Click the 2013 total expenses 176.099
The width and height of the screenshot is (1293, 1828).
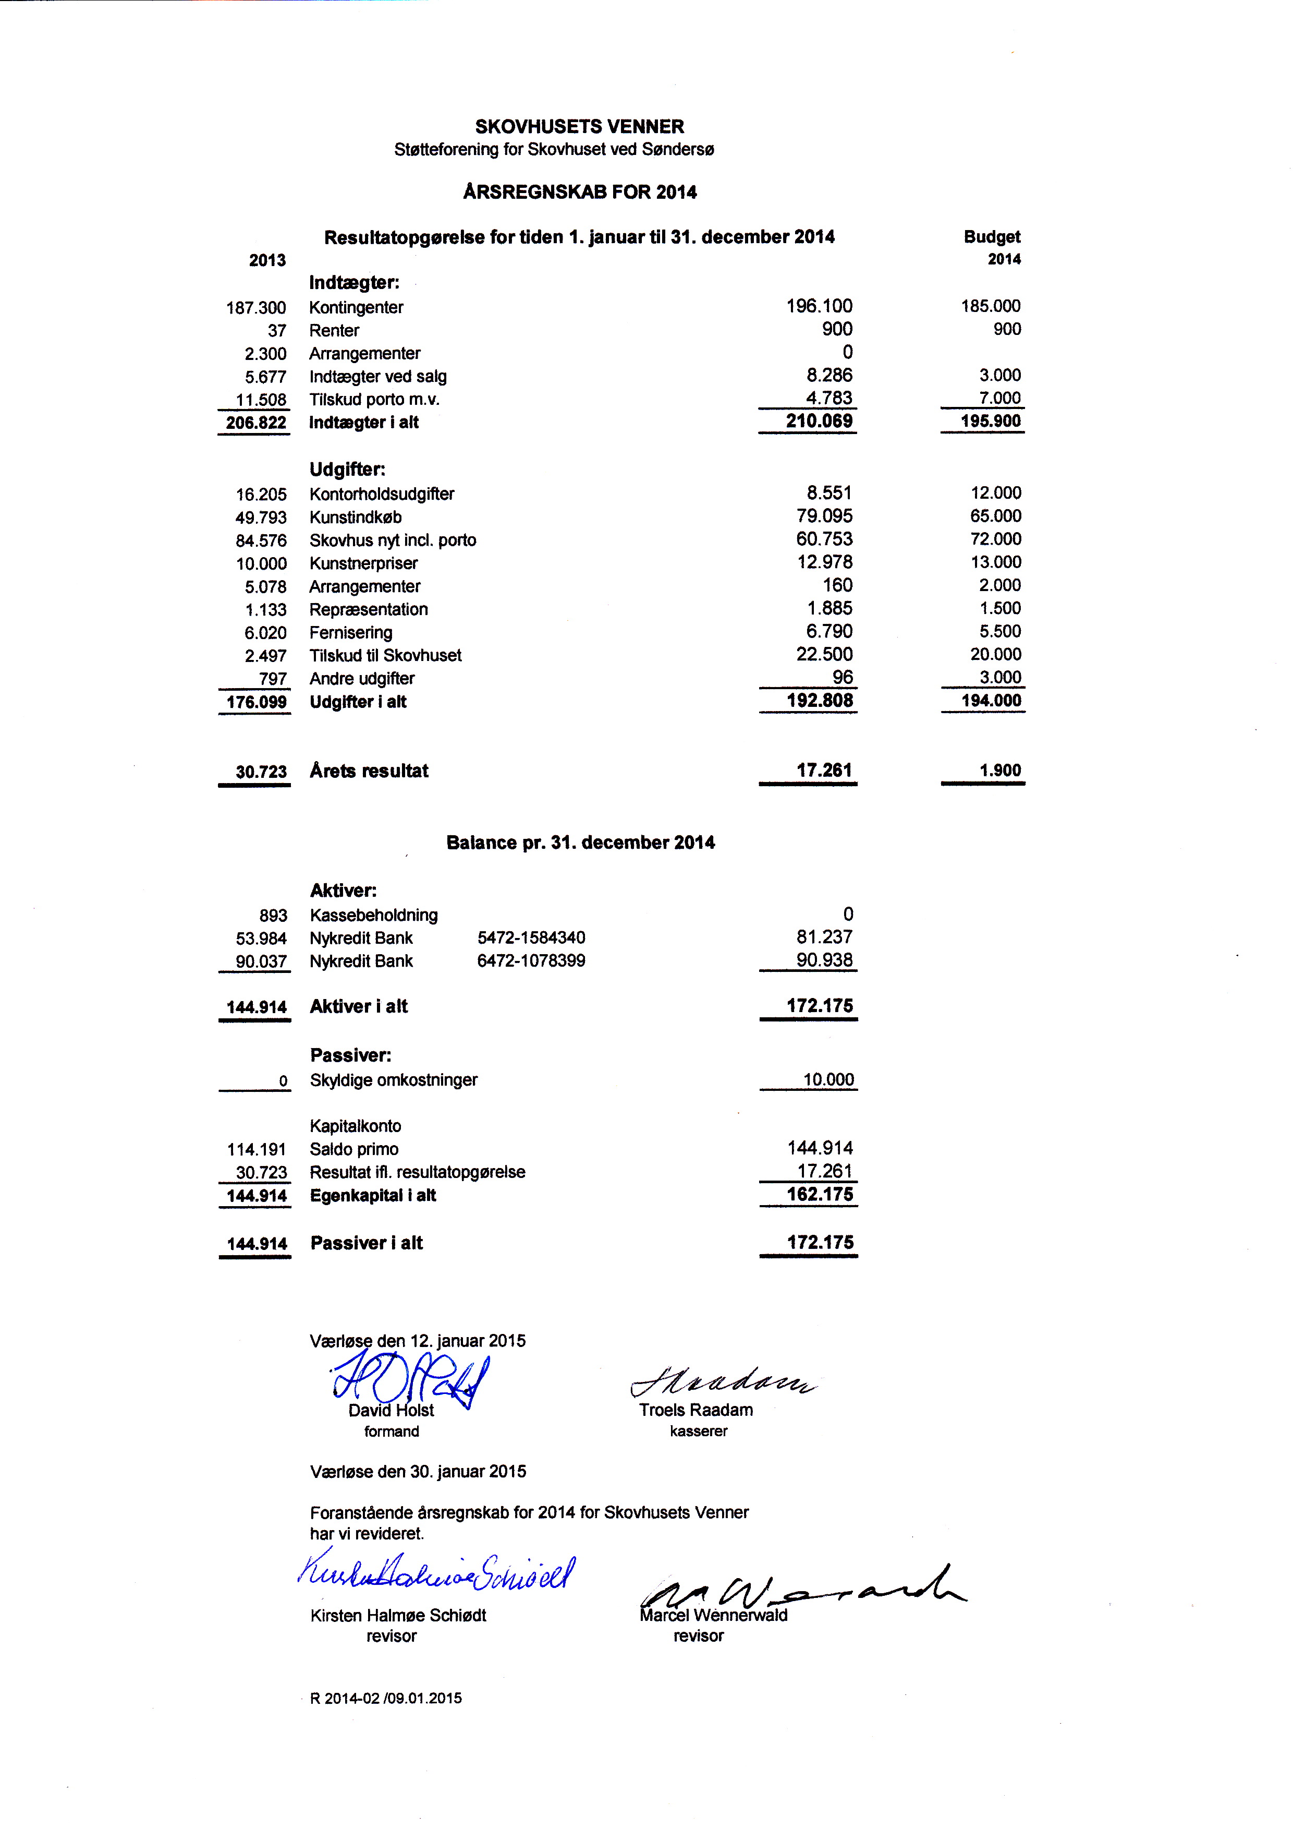(255, 702)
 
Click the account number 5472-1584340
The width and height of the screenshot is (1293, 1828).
(531, 937)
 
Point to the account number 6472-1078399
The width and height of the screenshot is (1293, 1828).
(531, 960)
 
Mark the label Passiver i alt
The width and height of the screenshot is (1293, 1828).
(366, 1243)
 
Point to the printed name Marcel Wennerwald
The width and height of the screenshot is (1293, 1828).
(713, 1615)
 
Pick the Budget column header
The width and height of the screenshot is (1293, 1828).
(991, 236)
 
